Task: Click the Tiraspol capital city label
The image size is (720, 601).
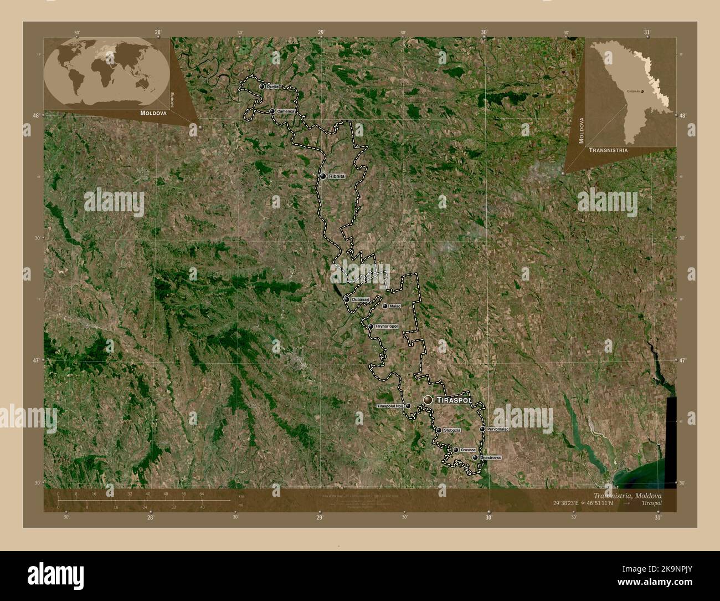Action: [x=454, y=400]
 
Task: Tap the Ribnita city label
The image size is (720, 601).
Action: [x=337, y=176]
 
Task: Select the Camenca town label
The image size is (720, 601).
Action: [x=286, y=111]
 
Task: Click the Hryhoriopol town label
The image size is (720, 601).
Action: [x=386, y=327]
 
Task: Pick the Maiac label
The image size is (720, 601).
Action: [x=395, y=305]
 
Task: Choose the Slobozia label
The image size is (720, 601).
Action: [x=452, y=430]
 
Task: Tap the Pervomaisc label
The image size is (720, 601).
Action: [x=498, y=429]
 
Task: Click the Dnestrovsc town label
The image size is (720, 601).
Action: [x=491, y=457]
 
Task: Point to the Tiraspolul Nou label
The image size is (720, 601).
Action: [x=390, y=406]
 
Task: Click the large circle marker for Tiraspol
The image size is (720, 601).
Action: [x=428, y=400]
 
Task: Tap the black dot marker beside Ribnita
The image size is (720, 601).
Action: [x=322, y=176]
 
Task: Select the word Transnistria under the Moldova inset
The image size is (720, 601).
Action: [x=608, y=150]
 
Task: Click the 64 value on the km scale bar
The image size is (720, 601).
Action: [x=202, y=493]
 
